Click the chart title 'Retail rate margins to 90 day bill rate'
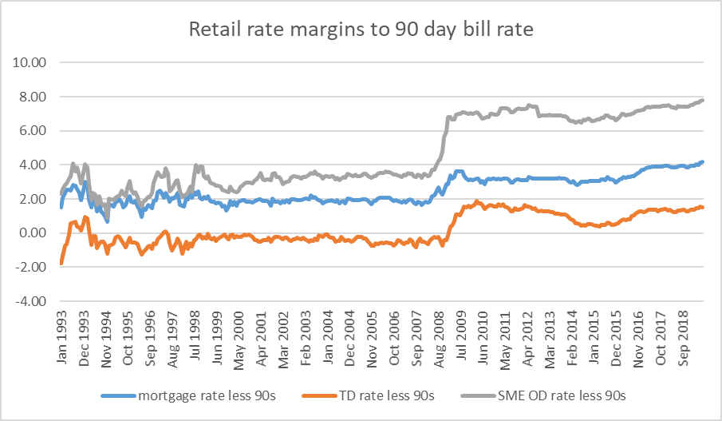(361, 30)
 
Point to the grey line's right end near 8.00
(702, 100)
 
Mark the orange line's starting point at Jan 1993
(61, 263)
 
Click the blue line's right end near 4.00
(702, 162)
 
